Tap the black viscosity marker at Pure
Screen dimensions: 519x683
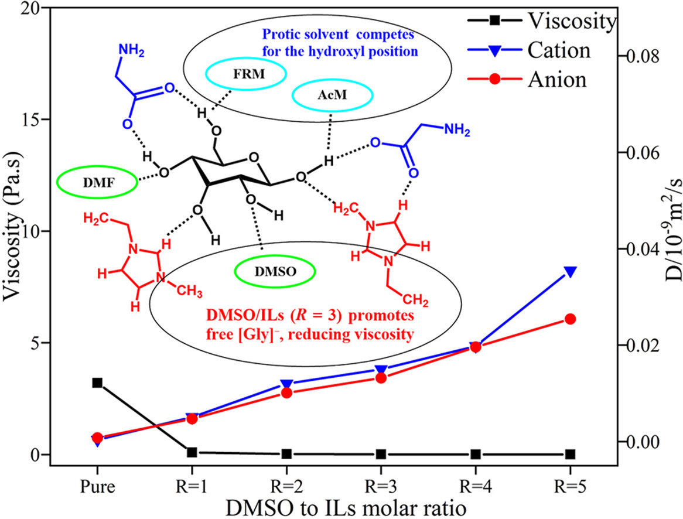tap(97, 383)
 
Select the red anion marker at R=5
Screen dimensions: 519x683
tap(570, 319)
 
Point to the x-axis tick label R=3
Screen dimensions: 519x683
tap(381, 487)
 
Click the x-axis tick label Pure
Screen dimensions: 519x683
tap(97, 487)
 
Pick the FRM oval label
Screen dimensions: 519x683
tap(246, 74)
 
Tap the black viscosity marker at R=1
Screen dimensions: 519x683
tap(192, 452)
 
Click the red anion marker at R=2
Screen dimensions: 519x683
tap(286, 393)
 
